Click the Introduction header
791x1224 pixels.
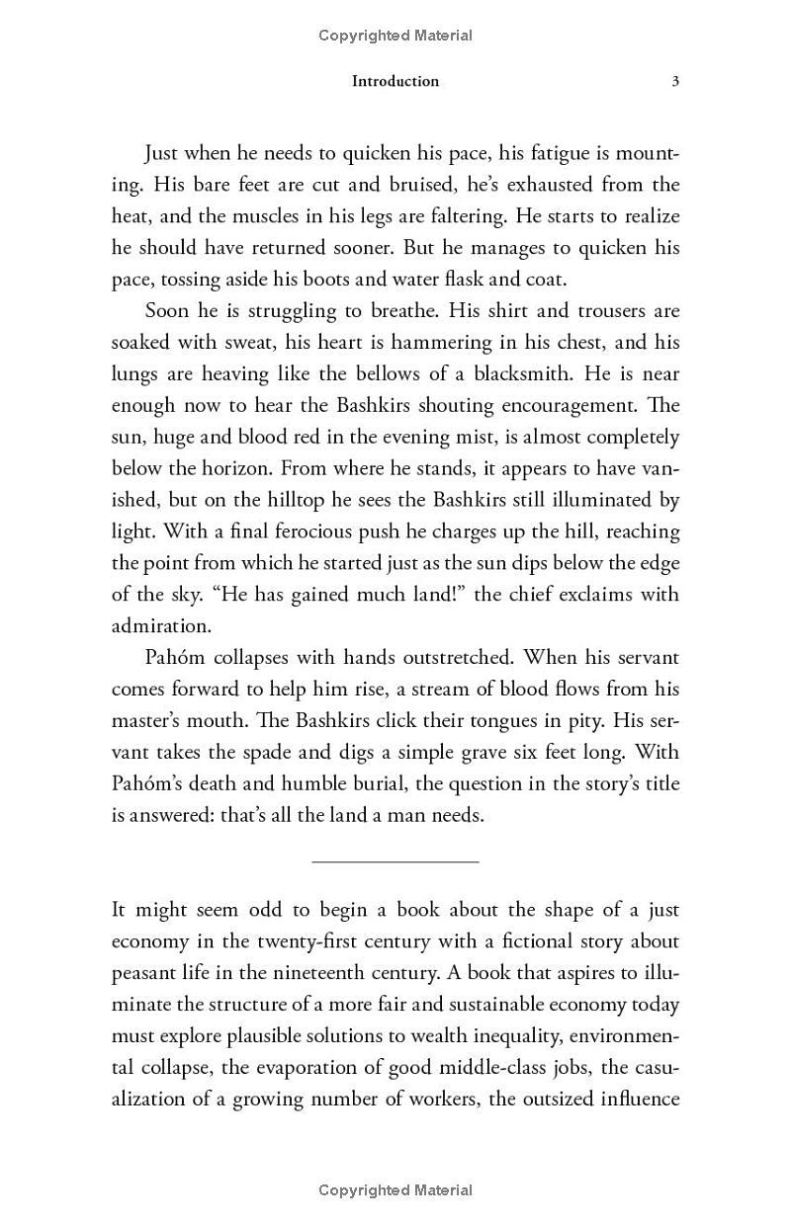pyautogui.click(x=395, y=81)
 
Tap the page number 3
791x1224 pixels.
pyautogui.click(x=675, y=81)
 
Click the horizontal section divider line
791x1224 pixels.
pyautogui.click(x=395, y=861)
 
